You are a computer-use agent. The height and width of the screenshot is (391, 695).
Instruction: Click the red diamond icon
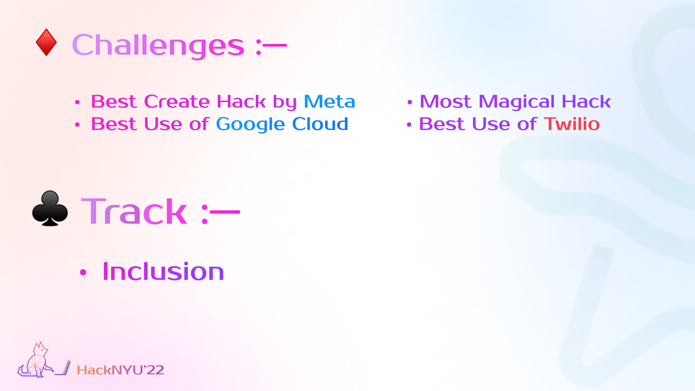(46, 42)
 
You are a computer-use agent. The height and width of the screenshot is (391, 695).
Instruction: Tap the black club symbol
(50, 208)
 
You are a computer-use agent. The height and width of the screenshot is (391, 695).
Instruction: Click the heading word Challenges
(158, 45)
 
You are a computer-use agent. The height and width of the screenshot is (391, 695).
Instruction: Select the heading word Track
(134, 211)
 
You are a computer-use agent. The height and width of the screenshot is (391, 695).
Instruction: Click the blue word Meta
(329, 102)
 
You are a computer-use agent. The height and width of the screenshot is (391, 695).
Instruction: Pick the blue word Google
(250, 125)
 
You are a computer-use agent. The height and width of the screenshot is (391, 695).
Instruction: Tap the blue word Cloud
(320, 124)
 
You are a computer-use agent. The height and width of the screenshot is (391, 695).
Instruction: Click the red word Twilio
(572, 124)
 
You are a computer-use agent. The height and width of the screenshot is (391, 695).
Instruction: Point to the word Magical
(516, 102)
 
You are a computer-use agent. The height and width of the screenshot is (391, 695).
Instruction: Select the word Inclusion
(163, 272)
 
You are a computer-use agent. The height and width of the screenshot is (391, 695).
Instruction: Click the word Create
(177, 102)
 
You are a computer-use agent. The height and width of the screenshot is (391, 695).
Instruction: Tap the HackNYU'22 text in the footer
(121, 370)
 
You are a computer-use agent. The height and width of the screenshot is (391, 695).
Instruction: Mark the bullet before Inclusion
(83, 272)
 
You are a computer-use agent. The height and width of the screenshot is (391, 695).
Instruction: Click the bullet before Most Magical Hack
(409, 102)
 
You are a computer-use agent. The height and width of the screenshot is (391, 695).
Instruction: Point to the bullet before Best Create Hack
(77, 102)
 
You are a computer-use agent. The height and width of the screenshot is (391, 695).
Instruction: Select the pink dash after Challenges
(275, 45)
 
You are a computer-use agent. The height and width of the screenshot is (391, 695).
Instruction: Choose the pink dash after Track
(225, 212)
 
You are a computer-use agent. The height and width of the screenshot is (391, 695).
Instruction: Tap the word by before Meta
(285, 103)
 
